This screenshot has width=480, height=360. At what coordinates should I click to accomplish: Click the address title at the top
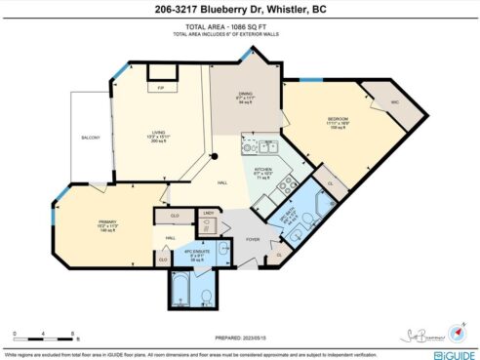[239, 11]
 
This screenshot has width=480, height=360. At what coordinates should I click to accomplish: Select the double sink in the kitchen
[263, 147]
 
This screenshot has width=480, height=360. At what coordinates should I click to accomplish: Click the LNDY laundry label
[208, 215]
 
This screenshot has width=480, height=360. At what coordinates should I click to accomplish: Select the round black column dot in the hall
[215, 157]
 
